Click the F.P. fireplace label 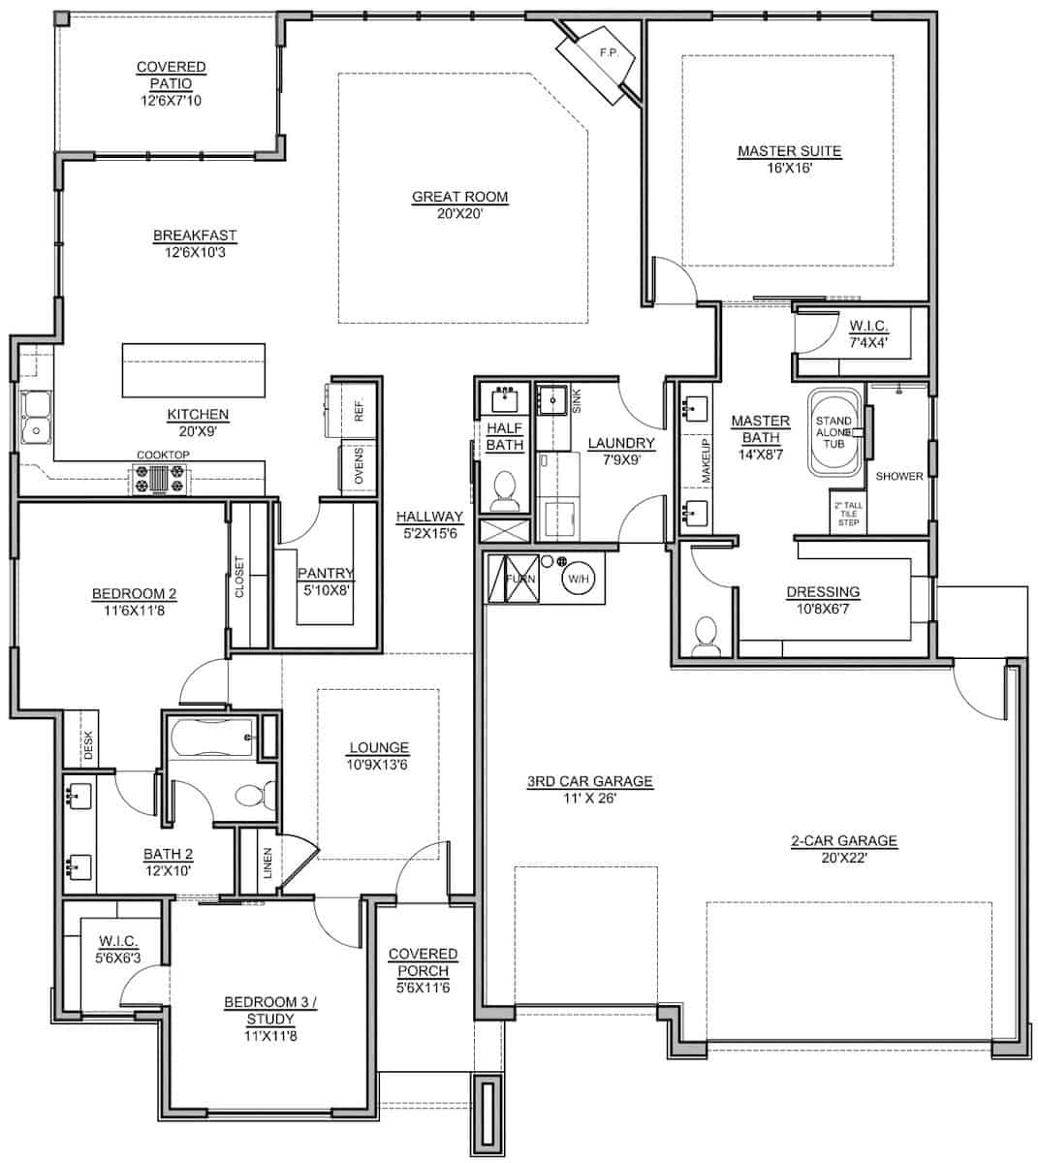[609, 52]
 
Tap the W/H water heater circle [579, 579]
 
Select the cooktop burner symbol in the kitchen [161, 480]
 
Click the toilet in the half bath [505, 490]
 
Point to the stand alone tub [835, 432]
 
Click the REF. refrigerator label [360, 410]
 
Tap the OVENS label [359, 466]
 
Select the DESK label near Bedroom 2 [88, 745]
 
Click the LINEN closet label [267, 864]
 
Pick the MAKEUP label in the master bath [706, 460]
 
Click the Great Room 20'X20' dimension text [458, 214]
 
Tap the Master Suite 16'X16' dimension [790, 169]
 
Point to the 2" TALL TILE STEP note [848, 514]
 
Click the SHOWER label [899, 476]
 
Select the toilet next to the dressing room [707, 636]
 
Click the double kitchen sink [36, 418]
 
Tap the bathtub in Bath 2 [212, 738]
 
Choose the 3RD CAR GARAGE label [590, 781]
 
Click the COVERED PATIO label [172, 76]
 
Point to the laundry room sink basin [552, 399]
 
